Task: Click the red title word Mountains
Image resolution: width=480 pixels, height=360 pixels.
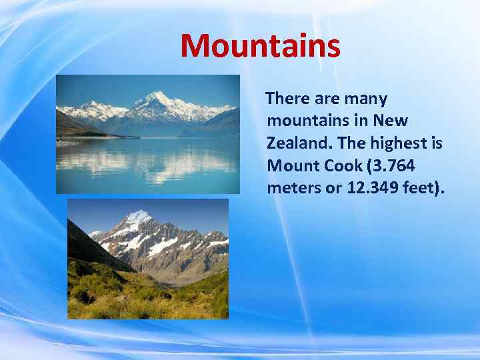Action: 260,46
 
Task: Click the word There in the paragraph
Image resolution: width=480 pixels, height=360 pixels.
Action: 287,99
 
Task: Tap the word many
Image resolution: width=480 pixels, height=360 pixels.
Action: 365,99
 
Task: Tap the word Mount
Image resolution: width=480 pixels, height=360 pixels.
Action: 290,165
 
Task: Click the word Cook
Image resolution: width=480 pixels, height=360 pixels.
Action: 340,165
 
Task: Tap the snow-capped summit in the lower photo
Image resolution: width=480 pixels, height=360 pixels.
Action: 140,216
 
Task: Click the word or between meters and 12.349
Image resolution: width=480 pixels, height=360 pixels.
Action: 332,188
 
